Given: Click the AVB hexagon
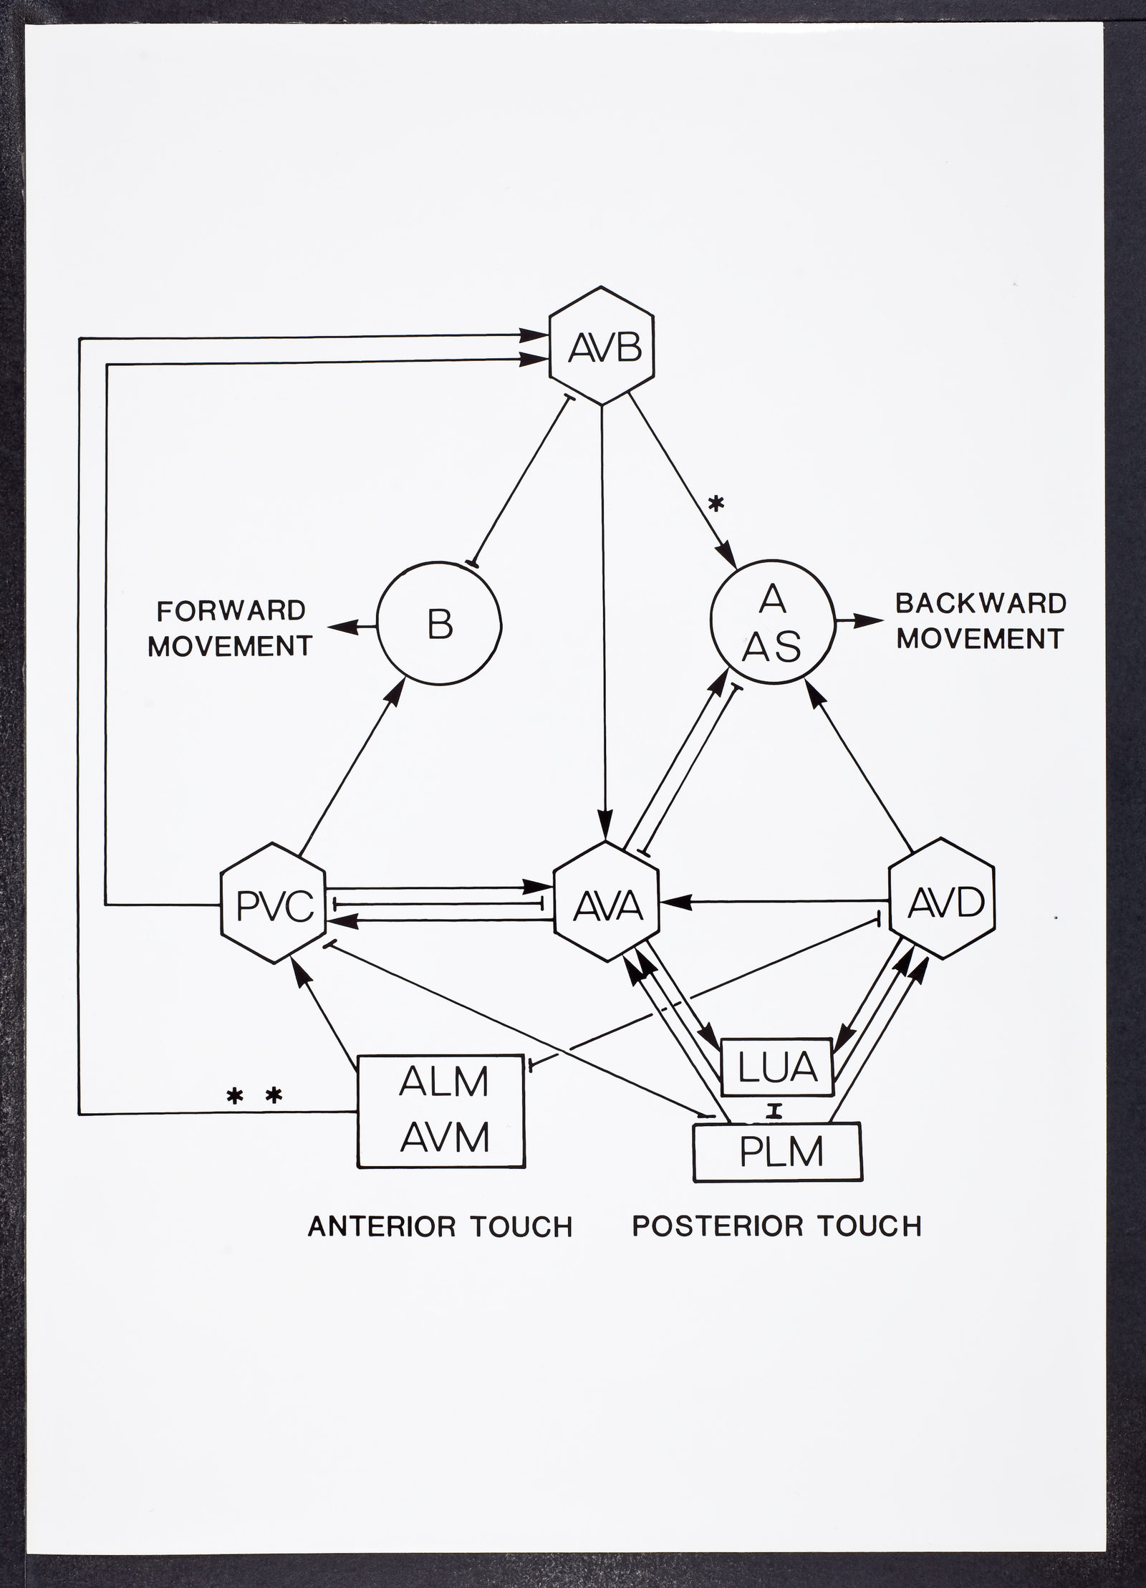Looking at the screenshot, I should tap(602, 345).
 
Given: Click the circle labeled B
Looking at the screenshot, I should tap(439, 624).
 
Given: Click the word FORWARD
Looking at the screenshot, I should tap(231, 610).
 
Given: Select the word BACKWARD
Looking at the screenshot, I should tap(981, 603).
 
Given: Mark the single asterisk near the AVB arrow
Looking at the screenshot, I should tap(716, 505).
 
